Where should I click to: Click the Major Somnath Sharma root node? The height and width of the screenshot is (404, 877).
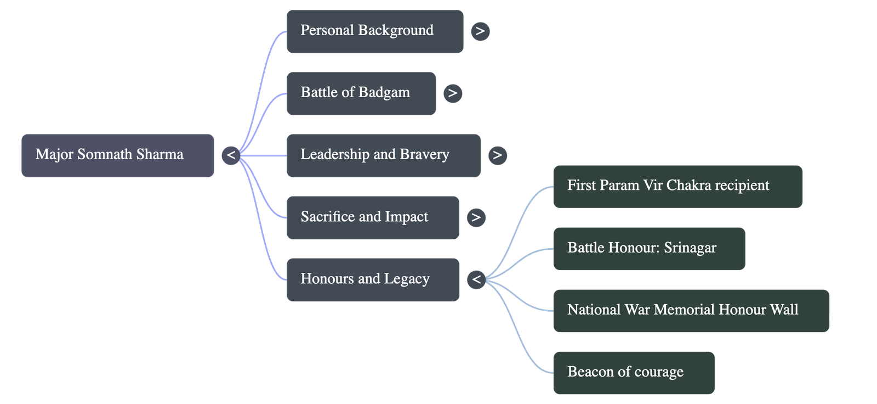click(117, 155)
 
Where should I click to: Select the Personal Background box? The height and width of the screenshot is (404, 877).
click(374, 31)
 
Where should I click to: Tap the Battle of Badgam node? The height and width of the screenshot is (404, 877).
click(361, 93)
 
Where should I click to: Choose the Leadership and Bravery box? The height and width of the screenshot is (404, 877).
click(383, 155)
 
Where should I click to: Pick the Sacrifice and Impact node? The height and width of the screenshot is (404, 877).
click(372, 217)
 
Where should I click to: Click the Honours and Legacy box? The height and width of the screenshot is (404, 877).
click(372, 279)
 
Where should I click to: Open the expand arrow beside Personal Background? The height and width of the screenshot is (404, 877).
click(480, 31)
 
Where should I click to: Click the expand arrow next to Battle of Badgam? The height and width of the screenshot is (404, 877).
click(452, 93)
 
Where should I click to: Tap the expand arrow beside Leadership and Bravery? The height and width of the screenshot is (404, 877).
click(497, 155)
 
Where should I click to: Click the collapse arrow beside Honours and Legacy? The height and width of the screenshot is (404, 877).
click(476, 279)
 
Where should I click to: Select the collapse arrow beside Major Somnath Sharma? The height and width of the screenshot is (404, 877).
click(231, 155)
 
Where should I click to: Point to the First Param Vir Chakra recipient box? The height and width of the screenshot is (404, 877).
click(677, 186)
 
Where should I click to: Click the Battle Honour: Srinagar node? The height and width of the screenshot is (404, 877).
click(648, 248)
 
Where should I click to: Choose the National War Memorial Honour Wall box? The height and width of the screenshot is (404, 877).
click(691, 310)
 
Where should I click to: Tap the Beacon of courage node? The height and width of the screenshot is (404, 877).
click(633, 372)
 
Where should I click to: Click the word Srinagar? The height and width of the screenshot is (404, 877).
click(690, 248)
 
